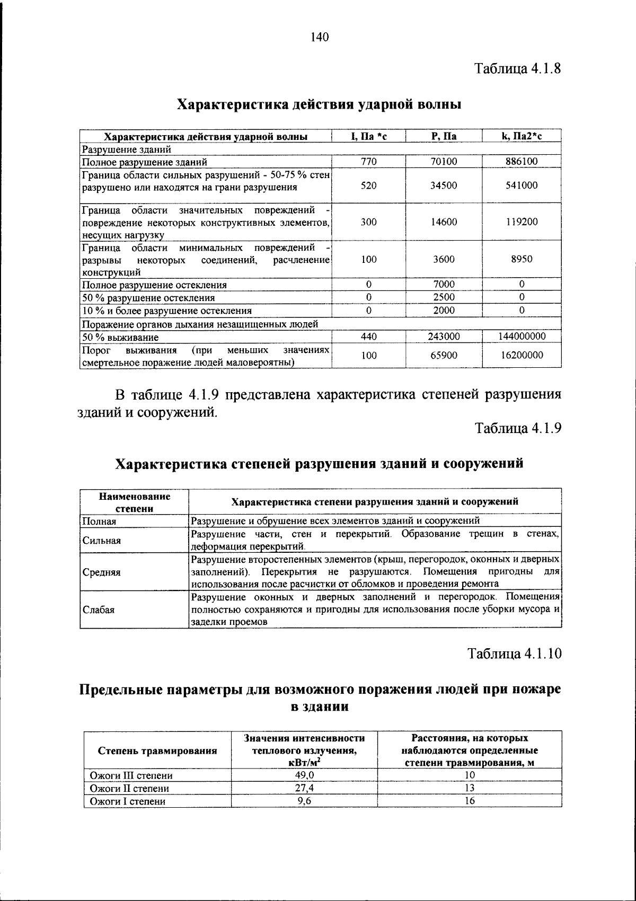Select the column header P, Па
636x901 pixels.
click(x=444, y=137)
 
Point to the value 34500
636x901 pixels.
click(x=444, y=185)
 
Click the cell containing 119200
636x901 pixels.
click(x=522, y=222)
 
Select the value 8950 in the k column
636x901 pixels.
click(x=522, y=259)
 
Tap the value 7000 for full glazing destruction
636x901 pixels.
click(x=444, y=285)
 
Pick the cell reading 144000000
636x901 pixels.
click(x=522, y=337)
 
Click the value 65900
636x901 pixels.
click(x=444, y=356)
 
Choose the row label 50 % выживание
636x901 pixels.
click(x=120, y=337)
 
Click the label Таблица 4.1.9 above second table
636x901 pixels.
click(x=517, y=428)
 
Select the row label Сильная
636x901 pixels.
click(x=102, y=541)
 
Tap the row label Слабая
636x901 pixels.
click(x=99, y=609)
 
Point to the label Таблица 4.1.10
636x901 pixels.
click(x=514, y=653)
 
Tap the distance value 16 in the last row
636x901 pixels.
click(x=469, y=801)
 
